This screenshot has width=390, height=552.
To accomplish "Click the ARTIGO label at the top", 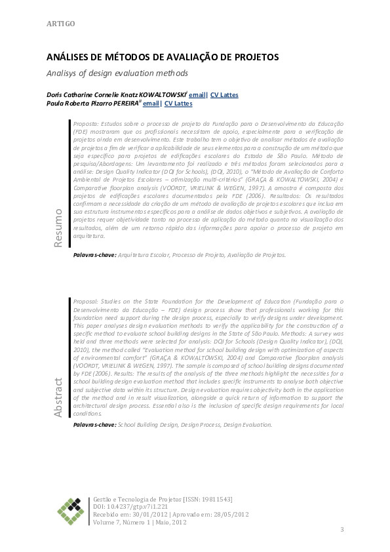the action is (x=60, y=24).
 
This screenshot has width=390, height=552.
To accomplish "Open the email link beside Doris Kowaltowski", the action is (x=197, y=95).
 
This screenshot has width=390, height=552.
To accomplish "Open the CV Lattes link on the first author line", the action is (x=225, y=95).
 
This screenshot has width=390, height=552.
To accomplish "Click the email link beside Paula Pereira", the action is (x=151, y=104).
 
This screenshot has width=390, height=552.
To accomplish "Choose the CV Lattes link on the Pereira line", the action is (x=178, y=104).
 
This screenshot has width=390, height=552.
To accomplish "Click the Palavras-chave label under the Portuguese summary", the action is (x=95, y=254).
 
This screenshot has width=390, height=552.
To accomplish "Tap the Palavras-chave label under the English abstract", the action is (x=95, y=425).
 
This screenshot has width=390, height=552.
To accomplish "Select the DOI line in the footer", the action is (x=131, y=507).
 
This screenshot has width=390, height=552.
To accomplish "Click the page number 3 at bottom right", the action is (x=341, y=530).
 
